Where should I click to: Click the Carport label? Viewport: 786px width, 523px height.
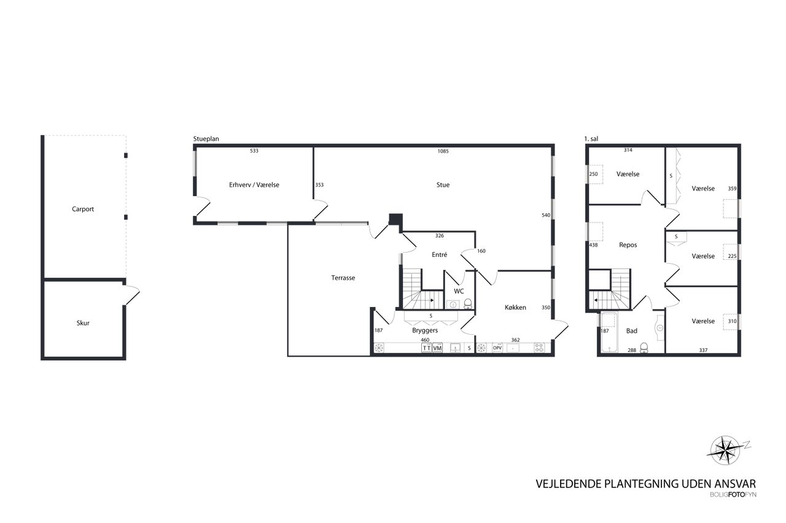pyautogui.click(x=83, y=209)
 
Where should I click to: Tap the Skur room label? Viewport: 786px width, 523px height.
pyautogui.click(x=83, y=323)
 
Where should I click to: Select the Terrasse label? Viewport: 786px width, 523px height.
pyautogui.click(x=343, y=278)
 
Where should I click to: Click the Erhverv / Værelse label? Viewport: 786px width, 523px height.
pyautogui.click(x=254, y=185)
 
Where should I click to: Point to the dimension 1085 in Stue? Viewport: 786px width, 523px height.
pyautogui.click(x=443, y=151)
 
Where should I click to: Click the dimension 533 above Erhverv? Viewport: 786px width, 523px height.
pyautogui.click(x=254, y=151)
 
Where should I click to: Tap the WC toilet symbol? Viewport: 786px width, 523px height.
pyautogui.click(x=468, y=303)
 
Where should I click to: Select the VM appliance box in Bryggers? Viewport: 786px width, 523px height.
pyautogui.click(x=437, y=348)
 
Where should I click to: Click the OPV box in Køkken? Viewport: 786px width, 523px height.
pyautogui.click(x=497, y=348)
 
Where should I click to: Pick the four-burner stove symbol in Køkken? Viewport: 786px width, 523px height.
pyautogui.click(x=539, y=348)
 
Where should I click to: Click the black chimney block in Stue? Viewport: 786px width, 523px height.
pyautogui.click(x=395, y=220)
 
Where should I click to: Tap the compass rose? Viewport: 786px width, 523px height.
pyautogui.click(x=726, y=450)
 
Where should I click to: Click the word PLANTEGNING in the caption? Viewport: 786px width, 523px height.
pyautogui.click(x=642, y=484)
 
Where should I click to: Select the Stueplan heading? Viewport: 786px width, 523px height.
pyautogui.click(x=206, y=139)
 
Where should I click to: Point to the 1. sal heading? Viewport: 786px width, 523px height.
pyautogui.click(x=591, y=139)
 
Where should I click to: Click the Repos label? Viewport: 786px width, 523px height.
pyautogui.click(x=628, y=245)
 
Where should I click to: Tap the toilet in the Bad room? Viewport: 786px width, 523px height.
pyautogui.click(x=644, y=348)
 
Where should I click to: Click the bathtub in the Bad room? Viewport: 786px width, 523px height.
pyautogui.click(x=610, y=332)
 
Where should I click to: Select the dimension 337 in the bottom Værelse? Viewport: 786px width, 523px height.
pyautogui.click(x=703, y=350)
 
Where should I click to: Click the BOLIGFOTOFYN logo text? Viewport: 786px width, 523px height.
pyautogui.click(x=733, y=495)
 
